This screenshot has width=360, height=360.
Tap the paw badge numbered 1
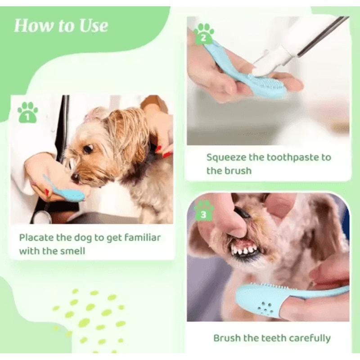click(x=27, y=112)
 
